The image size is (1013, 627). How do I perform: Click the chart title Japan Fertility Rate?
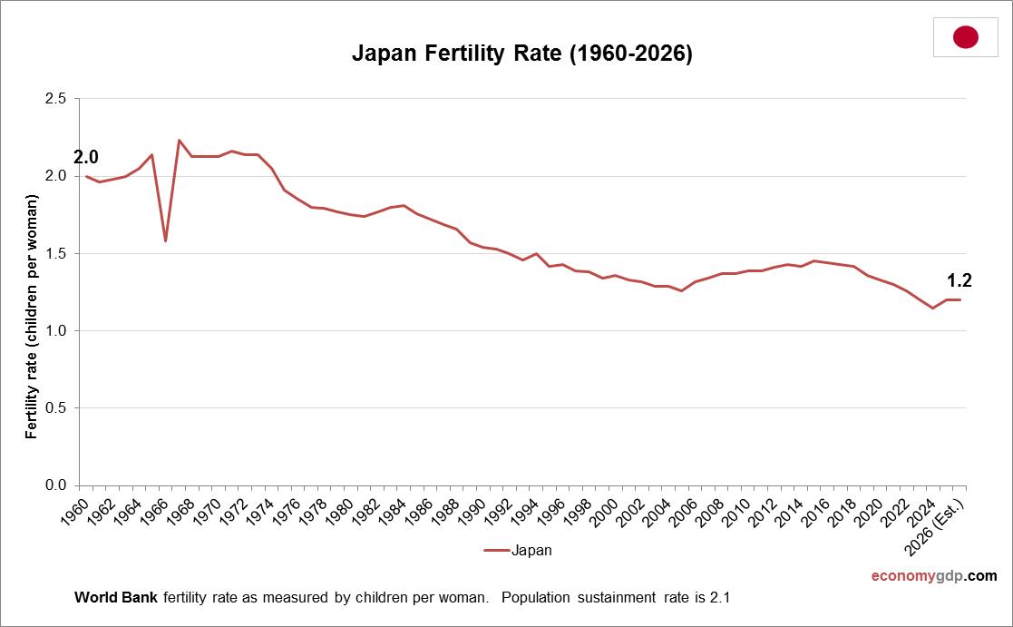[521, 54]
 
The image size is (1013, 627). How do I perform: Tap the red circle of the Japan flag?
[965, 37]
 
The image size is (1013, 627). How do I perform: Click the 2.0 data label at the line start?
[86, 157]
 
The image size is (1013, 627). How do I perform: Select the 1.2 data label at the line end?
[959, 280]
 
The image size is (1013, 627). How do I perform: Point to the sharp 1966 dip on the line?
[165, 240]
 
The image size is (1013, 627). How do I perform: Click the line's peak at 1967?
[179, 141]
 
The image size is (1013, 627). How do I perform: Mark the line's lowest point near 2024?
[932, 308]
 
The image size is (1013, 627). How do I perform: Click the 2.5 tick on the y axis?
[55, 98]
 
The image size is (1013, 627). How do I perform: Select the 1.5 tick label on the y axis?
[55, 253]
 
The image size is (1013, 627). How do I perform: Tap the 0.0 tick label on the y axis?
[55, 485]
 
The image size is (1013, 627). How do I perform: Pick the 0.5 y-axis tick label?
[55, 408]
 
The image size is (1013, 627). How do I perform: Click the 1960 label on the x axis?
[79, 508]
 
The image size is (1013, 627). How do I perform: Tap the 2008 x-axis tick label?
[715, 508]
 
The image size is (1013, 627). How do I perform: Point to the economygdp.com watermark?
[933, 576]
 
